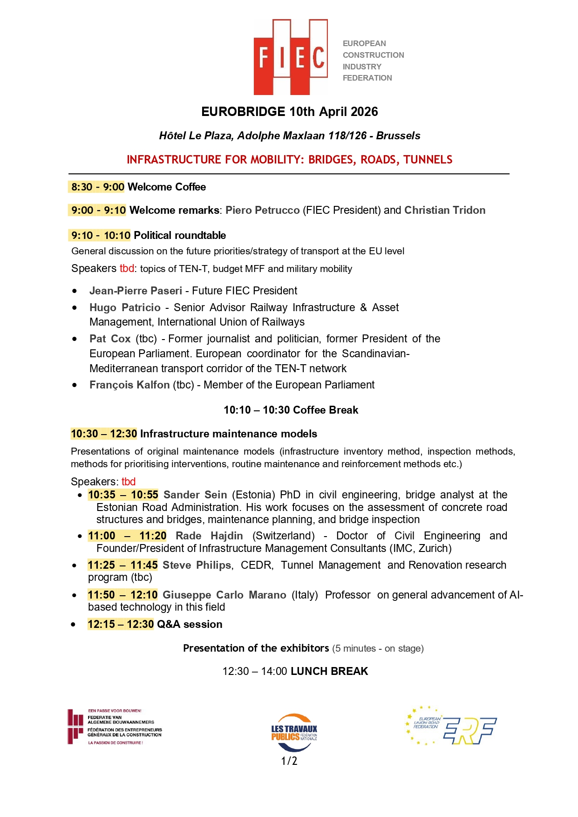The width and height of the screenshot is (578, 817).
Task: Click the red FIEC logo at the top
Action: click(290, 57)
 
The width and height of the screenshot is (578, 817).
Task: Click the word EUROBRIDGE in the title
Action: click(243, 112)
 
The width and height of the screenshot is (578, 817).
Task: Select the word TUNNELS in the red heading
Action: click(428, 160)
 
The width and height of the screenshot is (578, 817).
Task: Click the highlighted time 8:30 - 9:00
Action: click(97, 187)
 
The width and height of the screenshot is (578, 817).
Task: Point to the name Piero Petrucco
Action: click(262, 210)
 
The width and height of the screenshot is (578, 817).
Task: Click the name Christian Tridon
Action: click(444, 210)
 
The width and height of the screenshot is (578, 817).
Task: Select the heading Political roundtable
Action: click(180, 235)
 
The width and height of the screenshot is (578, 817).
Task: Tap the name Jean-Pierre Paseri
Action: click(136, 291)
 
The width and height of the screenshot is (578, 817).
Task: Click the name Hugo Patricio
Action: click(125, 307)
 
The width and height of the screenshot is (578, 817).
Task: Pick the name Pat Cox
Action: click(110, 339)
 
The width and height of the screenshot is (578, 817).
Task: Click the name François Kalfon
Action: click(129, 385)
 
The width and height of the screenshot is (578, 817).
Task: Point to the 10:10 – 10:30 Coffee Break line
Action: click(291, 410)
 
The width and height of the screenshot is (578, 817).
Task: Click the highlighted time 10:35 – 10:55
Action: click(123, 495)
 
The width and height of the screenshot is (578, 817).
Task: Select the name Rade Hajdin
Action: click(209, 536)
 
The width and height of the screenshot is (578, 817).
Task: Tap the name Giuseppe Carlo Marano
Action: click(224, 595)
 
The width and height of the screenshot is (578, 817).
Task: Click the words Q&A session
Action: click(190, 624)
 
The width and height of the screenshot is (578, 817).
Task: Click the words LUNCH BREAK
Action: click(329, 671)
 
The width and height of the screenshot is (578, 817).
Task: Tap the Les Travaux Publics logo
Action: click(294, 732)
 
